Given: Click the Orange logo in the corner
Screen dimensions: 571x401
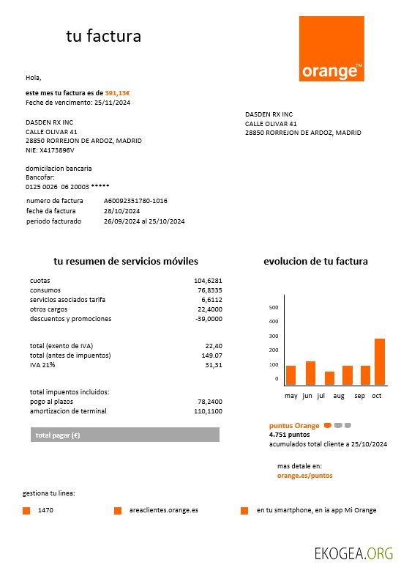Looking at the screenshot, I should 331,49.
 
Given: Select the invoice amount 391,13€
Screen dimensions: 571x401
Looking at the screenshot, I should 118,93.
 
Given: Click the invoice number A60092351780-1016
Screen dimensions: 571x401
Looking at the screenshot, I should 135,200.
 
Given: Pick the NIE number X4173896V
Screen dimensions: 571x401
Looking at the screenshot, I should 57,150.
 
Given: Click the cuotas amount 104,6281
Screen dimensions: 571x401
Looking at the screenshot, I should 208,281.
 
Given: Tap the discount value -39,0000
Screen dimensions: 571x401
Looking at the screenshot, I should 209,319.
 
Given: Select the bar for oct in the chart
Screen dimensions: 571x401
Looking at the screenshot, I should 379,361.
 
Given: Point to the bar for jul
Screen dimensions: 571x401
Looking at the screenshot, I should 329,378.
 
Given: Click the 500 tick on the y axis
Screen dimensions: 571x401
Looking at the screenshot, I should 274,307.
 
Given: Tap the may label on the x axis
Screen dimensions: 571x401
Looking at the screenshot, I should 291,396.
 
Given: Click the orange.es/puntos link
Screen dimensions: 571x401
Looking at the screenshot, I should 304,476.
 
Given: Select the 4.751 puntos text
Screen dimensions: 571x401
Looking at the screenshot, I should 289,435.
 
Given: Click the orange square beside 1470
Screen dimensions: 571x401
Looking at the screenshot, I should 27,510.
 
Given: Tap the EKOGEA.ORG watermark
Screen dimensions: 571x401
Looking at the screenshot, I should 353,553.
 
